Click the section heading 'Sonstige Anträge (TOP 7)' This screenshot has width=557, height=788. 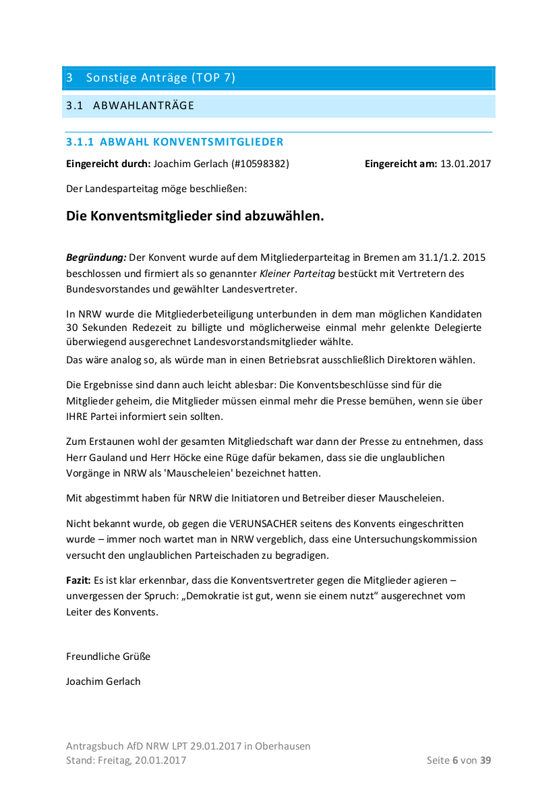point(160,78)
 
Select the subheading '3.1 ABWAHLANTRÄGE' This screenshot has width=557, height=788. point(130,106)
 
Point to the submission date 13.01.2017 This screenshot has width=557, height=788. point(465,163)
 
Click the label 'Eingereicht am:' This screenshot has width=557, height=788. point(401,163)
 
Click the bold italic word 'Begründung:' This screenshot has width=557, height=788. point(96,257)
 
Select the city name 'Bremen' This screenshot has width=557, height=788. point(382,257)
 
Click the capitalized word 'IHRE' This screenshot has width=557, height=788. point(78,417)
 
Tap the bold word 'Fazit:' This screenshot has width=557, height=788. point(78,580)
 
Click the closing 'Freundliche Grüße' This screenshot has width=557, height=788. point(108,656)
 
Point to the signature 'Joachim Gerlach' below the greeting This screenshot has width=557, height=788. point(103,681)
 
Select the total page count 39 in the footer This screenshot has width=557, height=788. point(485,760)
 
